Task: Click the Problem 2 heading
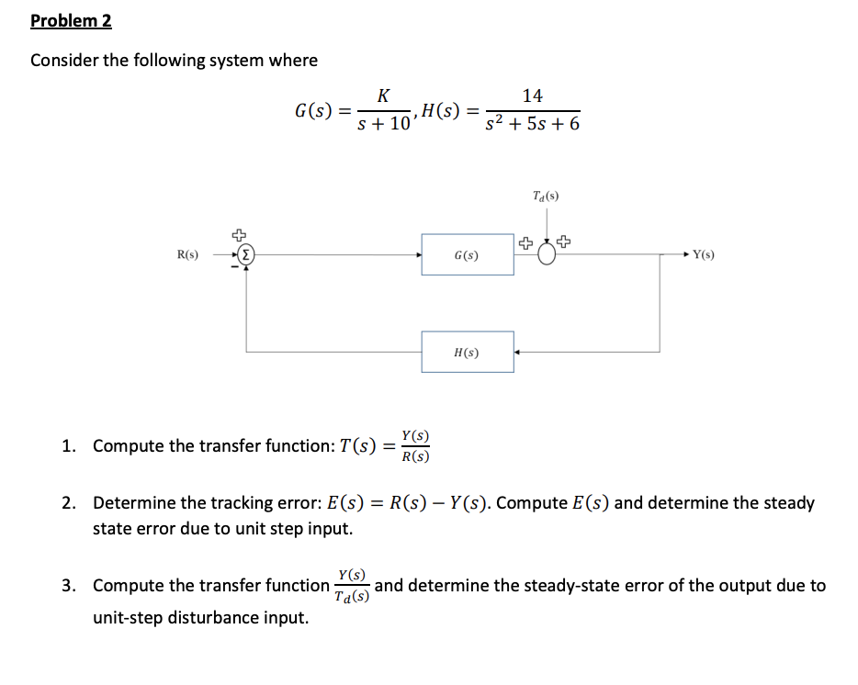[x=71, y=21]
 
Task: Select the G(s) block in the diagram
[x=468, y=254]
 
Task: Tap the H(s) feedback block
[x=468, y=352]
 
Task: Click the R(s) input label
[x=188, y=254]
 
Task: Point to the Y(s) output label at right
[x=704, y=254]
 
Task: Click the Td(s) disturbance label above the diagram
[x=546, y=196]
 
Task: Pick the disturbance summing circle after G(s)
[x=547, y=255]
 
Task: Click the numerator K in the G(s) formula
[x=383, y=95]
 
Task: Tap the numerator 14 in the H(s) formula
[x=532, y=95]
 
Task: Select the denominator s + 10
[x=384, y=124]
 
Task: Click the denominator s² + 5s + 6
[x=533, y=124]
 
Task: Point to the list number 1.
[x=68, y=446]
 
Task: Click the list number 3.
[x=68, y=586]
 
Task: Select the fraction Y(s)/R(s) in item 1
[x=417, y=446]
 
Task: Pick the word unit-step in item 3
[x=130, y=617]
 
